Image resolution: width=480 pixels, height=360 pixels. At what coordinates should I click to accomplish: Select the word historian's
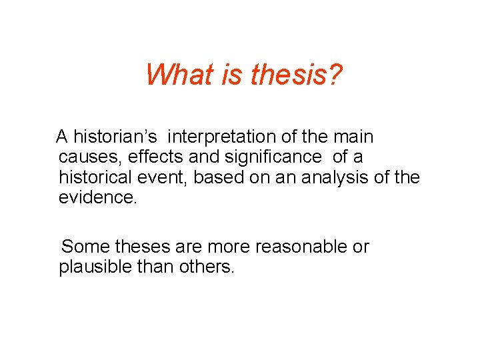[x=115, y=137]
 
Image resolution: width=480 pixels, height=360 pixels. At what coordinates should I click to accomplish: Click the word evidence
[x=97, y=198]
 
